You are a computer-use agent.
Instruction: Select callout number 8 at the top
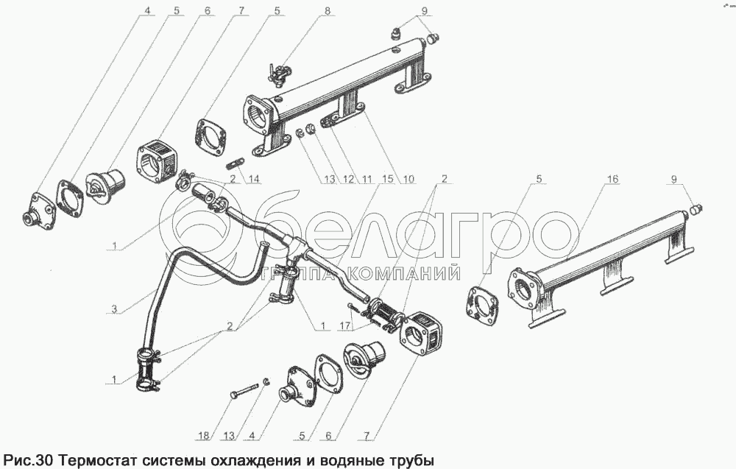click(328, 10)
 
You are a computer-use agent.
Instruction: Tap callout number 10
click(408, 179)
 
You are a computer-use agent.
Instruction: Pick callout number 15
click(387, 179)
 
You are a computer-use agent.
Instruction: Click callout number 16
click(612, 179)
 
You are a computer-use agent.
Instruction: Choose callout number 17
click(345, 325)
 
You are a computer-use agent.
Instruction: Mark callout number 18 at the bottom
click(204, 436)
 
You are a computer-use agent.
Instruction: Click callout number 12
click(348, 179)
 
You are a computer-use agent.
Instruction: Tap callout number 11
click(367, 179)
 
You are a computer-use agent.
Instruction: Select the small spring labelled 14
click(236, 164)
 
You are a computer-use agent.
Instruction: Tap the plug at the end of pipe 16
click(695, 209)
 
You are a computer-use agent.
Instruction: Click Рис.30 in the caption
click(29, 459)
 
